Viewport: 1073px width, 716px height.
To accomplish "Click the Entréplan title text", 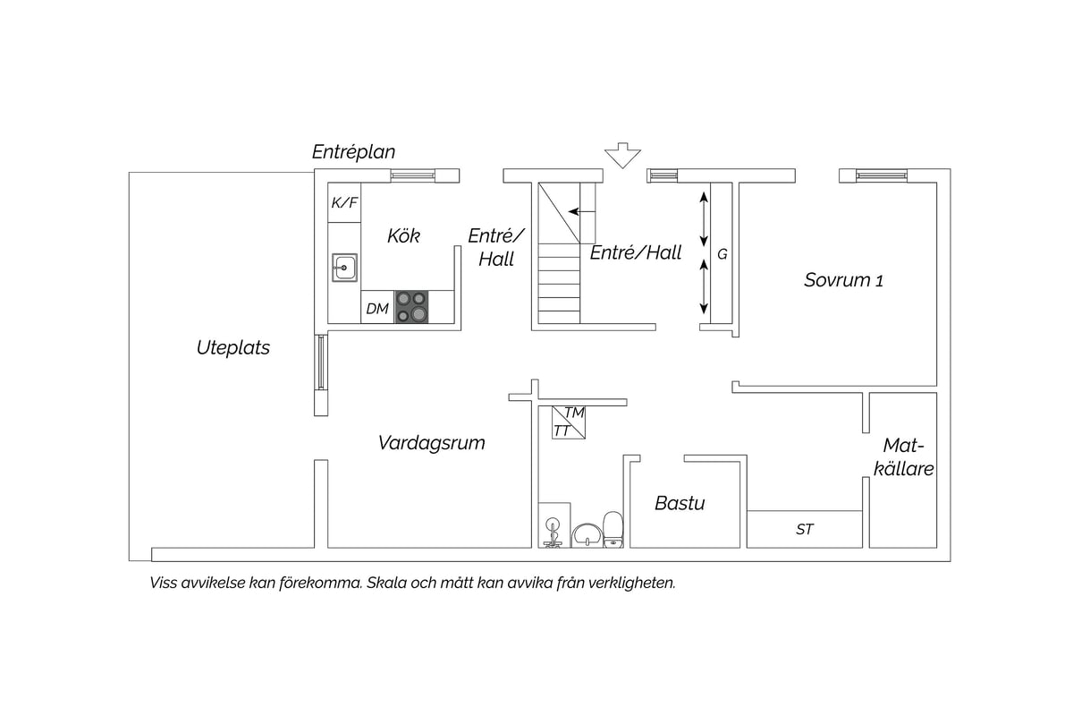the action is [x=353, y=152].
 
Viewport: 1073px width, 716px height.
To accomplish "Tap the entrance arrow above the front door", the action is [x=622, y=156].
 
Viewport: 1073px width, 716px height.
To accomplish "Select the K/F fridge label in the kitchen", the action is [x=344, y=202].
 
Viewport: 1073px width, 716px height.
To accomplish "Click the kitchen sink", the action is [x=344, y=267].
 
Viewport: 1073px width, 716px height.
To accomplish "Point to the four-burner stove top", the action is [x=411, y=307].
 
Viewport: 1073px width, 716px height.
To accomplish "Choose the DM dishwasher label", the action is [x=377, y=309].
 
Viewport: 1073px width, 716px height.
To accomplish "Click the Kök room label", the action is [x=403, y=236].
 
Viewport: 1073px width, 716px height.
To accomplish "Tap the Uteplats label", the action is [x=233, y=347].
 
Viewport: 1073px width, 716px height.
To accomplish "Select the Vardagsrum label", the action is [x=432, y=443].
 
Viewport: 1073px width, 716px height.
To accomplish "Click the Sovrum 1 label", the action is [x=843, y=280].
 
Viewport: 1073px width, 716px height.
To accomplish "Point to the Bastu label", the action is [x=680, y=503].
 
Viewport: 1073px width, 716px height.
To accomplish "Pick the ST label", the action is [x=805, y=529].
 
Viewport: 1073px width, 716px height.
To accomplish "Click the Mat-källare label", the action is [x=903, y=457].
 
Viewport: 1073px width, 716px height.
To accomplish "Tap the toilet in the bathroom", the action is [x=613, y=530].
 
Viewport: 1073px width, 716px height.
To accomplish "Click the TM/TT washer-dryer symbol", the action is [x=569, y=422].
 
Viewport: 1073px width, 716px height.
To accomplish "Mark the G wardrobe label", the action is [x=722, y=254].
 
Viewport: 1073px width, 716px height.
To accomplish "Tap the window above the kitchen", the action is [x=413, y=175].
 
